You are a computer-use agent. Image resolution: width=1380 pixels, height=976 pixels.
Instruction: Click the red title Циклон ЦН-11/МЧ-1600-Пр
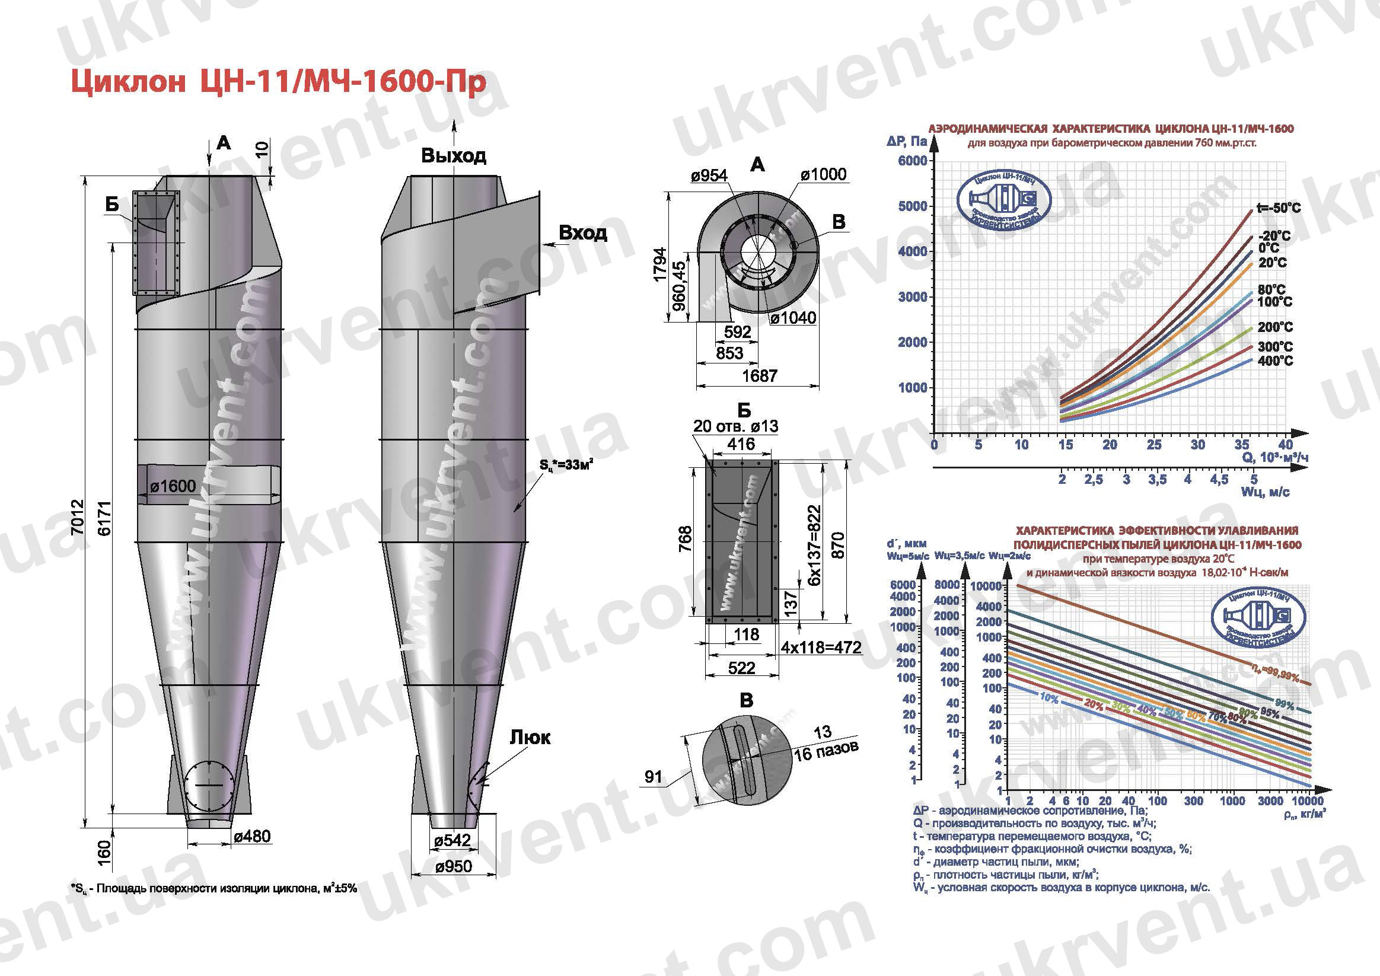coord(278,83)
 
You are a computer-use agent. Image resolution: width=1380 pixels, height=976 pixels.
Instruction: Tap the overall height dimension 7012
coord(77,517)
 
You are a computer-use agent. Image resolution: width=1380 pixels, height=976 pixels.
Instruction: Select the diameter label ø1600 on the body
coord(173,486)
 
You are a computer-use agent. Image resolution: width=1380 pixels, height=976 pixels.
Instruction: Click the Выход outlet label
coord(453,156)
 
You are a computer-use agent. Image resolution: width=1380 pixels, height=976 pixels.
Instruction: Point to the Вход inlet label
coord(582,232)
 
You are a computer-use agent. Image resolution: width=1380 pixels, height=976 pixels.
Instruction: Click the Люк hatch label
coord(530,737)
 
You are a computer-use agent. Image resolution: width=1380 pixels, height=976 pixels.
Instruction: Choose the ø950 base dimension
coord(454,866)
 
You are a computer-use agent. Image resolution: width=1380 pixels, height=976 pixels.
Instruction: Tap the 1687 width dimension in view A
coord(760,375)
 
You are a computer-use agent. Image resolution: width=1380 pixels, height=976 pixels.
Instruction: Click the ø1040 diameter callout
coord(793,318)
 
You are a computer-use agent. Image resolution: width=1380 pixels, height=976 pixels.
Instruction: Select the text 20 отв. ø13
coord(736,426)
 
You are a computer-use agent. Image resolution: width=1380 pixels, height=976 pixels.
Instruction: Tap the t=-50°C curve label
coord(1279,208)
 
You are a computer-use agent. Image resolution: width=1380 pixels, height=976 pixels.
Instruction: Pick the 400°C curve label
coord(1275,361)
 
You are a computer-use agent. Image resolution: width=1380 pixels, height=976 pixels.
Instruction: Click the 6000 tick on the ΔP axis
coord(912,161)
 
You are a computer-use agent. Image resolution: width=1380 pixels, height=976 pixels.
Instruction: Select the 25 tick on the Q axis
coord(1153,445)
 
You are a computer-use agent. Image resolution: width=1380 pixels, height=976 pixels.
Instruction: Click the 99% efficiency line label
coord(1284,703)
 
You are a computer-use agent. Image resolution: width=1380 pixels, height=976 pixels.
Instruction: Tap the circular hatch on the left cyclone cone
coord(209,787)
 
